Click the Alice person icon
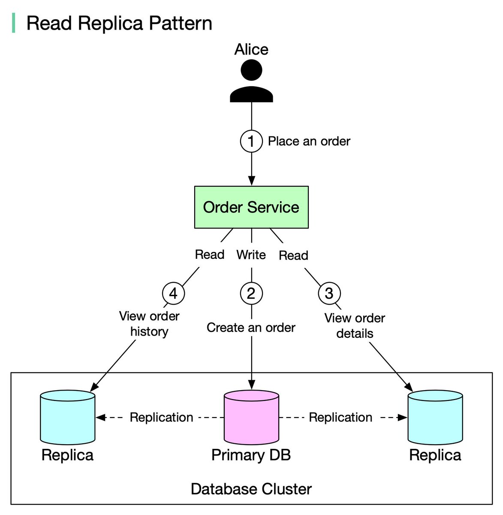point(251,82)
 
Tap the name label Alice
point(251,50)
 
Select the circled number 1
point(251,141)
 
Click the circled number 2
point(251,294)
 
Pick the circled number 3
point(329,294)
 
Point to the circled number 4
point(173,294)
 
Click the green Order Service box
point(251,207)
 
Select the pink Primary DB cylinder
point(251,417)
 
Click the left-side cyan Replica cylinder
point(68,417)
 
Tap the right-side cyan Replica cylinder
point(435,417)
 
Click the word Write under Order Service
point(251,255)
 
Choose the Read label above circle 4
point(210,255)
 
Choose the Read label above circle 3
point(294,256)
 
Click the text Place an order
point(309,141)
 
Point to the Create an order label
point(251,328)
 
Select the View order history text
point(149,324)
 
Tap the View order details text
point(355,326)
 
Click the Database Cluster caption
point(251,489)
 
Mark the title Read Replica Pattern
point(119,23)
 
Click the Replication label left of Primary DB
point(161,417)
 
